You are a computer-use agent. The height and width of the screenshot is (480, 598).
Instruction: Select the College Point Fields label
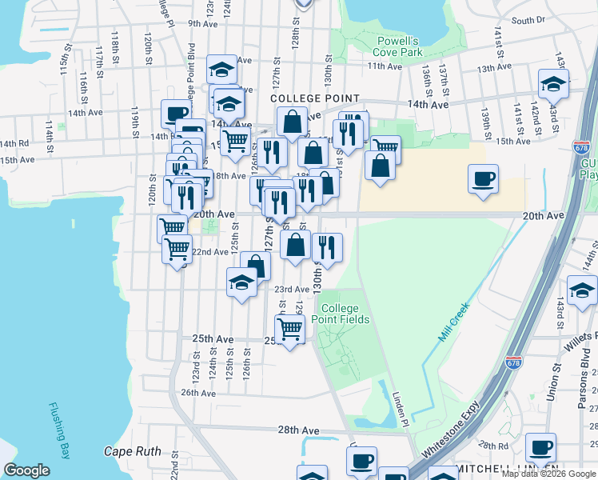(x=345, y=314)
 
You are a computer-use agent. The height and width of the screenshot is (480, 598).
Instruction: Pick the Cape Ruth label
(x=133, y=451)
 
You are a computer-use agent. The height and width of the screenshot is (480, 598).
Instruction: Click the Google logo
(x=26, y=470)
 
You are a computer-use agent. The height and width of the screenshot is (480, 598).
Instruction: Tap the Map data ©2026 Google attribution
(x=548, y=474)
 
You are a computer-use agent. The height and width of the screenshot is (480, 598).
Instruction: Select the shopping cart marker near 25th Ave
(x=289, y=328)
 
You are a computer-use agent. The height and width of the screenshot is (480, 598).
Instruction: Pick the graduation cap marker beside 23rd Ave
(x=241, y=282)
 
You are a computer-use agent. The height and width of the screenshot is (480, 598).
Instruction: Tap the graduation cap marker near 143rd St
(x=552, y=83)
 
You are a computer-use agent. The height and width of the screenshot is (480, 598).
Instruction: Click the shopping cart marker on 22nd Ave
(x=177, y=249)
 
